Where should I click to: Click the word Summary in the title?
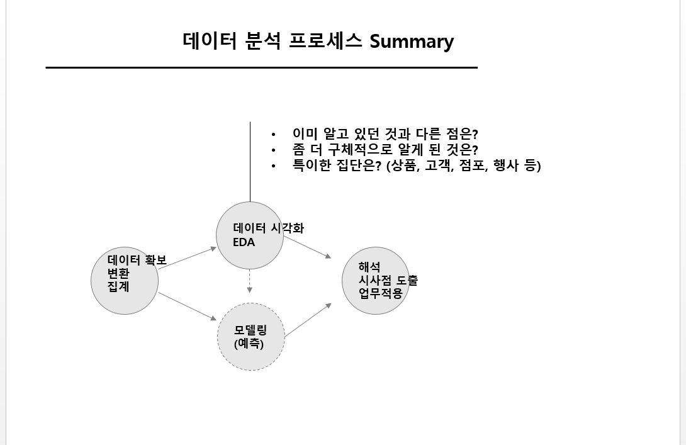(412, 42)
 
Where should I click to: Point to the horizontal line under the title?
(261, 67)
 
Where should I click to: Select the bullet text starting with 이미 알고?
(386, 134)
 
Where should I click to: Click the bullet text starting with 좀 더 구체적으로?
(385, 150)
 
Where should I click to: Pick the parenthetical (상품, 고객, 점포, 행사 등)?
(463, 166)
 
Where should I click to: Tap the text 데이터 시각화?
(269, 228)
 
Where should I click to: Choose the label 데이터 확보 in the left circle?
(137, 260)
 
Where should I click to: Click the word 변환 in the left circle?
(118, 273)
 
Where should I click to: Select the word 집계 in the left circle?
(118, 286)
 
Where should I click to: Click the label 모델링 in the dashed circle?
(250, 331)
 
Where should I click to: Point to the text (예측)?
(249, 344)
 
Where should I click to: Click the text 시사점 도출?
(388, 281)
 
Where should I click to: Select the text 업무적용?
(381, 293)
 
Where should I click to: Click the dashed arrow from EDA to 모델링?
(250, 281)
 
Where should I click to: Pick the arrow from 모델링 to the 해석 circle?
(308, 320)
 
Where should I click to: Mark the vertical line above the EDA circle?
(250, 162)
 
